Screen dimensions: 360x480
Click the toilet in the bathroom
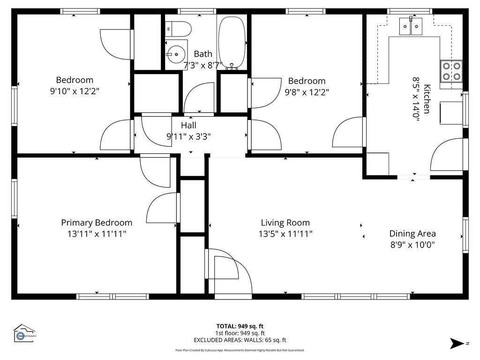coord(180,29)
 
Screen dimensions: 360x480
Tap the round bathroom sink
coord(175,55)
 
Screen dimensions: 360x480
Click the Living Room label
coord(285,223)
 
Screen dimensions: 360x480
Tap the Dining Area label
coord(412,233)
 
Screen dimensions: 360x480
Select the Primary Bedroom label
coord(97,223)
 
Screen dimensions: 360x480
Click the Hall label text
coord(188,125)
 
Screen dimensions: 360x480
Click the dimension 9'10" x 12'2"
coord(75,91)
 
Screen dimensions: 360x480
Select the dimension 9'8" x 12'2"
coord(307,92)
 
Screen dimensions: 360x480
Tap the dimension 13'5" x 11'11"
coord(285,233)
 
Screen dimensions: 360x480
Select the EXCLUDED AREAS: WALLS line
coord(240,340)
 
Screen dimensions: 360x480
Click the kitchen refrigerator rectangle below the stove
coord(451,112)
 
